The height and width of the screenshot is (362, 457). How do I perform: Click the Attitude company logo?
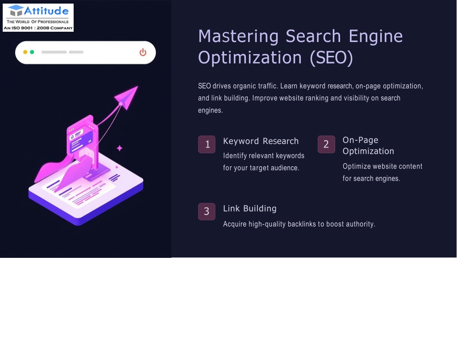pos(38,17)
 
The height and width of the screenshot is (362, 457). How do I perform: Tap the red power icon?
pos(143,52)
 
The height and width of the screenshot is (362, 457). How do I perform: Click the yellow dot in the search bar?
pos(25,52)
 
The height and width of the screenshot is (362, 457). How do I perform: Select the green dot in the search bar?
pos(32,52)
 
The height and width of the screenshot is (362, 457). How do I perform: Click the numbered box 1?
pos(207,144)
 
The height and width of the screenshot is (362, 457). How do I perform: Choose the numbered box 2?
pos(326,144)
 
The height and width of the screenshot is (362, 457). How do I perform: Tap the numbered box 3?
pos(207,211)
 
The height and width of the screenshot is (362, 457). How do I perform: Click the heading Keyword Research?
pos(261,141)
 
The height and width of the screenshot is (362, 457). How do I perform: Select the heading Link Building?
pos(250,208)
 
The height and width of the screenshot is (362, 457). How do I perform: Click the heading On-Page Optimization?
pos(368,145)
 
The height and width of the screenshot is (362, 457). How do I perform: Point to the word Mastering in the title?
pos(238,37)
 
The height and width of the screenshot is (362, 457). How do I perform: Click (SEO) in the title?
pos(332,58)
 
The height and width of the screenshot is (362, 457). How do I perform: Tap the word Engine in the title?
pos(376,37)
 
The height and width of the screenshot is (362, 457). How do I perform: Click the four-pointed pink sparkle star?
pos(120,148)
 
